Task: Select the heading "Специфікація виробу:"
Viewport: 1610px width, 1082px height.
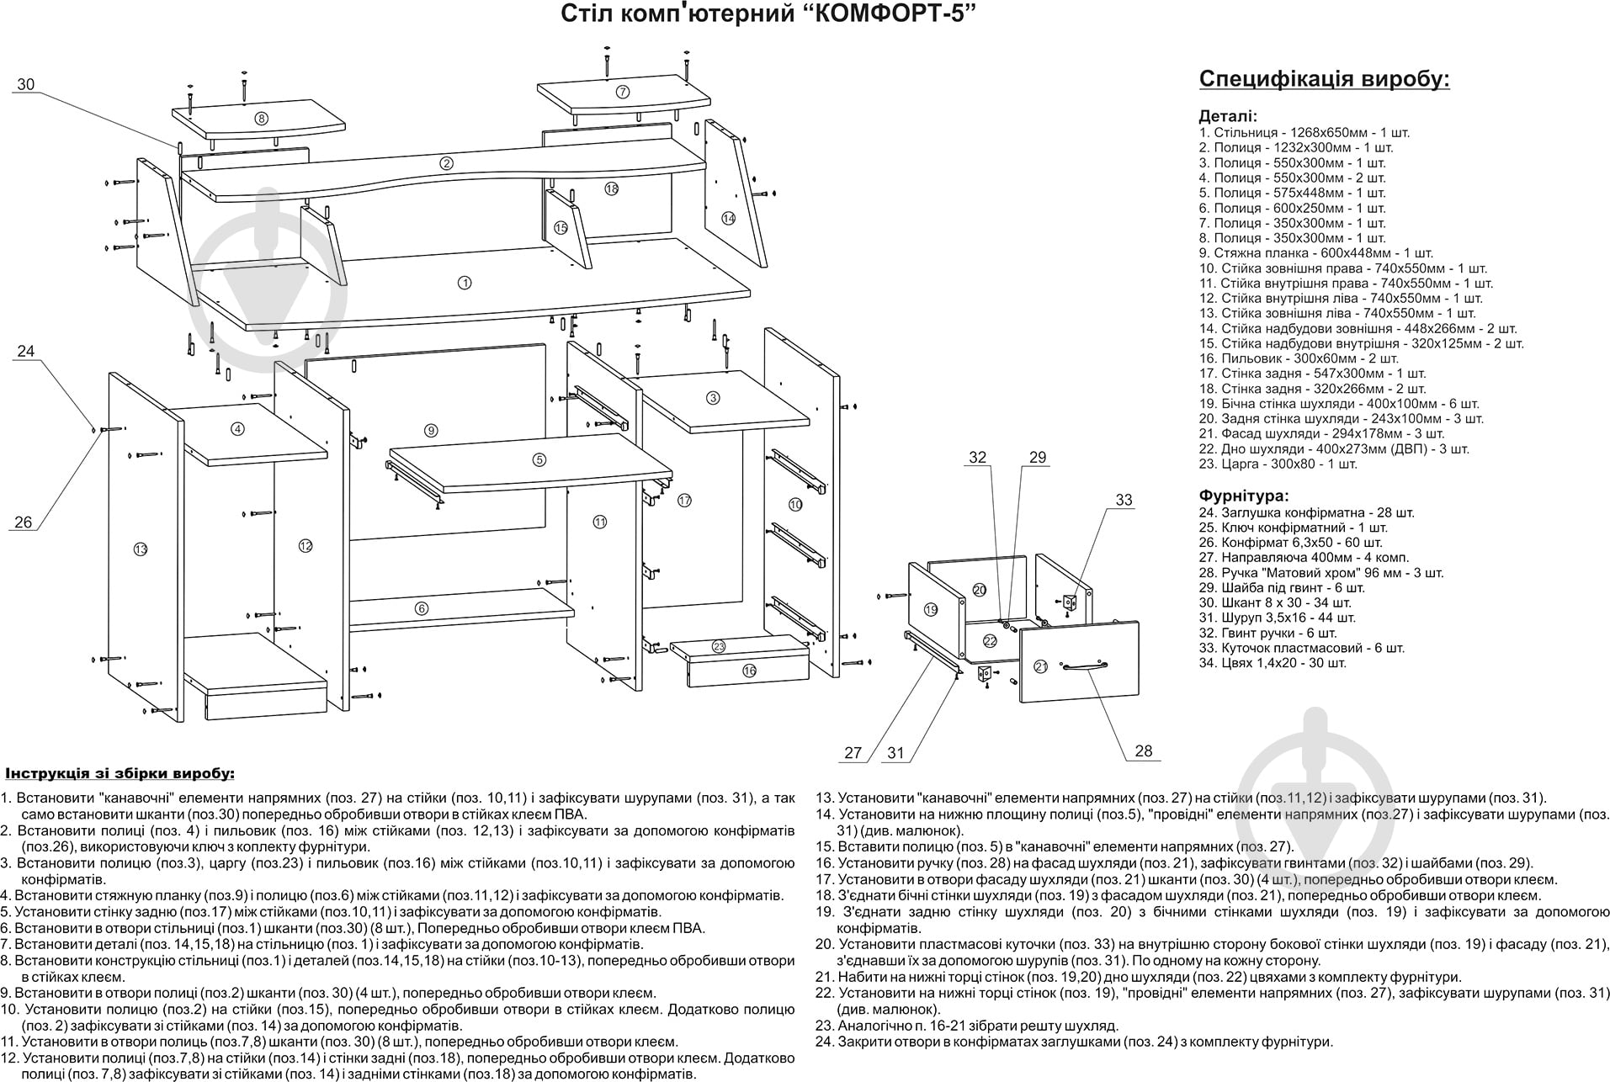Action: coord(1324,80)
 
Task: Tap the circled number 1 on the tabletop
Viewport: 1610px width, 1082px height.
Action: coord(465,283)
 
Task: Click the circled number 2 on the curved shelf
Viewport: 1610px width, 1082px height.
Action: coord(447,163)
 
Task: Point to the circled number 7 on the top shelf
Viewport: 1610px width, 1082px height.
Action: coord(623,92)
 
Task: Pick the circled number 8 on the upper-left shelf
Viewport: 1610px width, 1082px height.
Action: coord(262,119)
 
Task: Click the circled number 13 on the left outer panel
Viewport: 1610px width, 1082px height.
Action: coord(140,549)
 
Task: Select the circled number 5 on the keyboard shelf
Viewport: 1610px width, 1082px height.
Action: coord(539,459)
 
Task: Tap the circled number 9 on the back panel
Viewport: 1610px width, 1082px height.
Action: coord(431,431)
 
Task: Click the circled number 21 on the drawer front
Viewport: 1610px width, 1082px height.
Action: coord(1040,667)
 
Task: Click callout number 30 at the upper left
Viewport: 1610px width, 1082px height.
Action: coord(26,84)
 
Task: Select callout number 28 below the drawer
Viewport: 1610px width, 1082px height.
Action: coord(1143,751)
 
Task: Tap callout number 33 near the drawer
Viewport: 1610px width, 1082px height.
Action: coord(1124,500)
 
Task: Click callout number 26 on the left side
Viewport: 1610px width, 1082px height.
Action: coord(23,522)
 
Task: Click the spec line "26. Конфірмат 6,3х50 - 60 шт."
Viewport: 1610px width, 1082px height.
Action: coord(1290,543)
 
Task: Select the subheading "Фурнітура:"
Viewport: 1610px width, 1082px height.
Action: coord(1243,496)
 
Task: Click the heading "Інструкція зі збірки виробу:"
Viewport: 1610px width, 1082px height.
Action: coord(120,773)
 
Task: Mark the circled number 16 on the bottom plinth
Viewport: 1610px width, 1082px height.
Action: coord(749,671)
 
